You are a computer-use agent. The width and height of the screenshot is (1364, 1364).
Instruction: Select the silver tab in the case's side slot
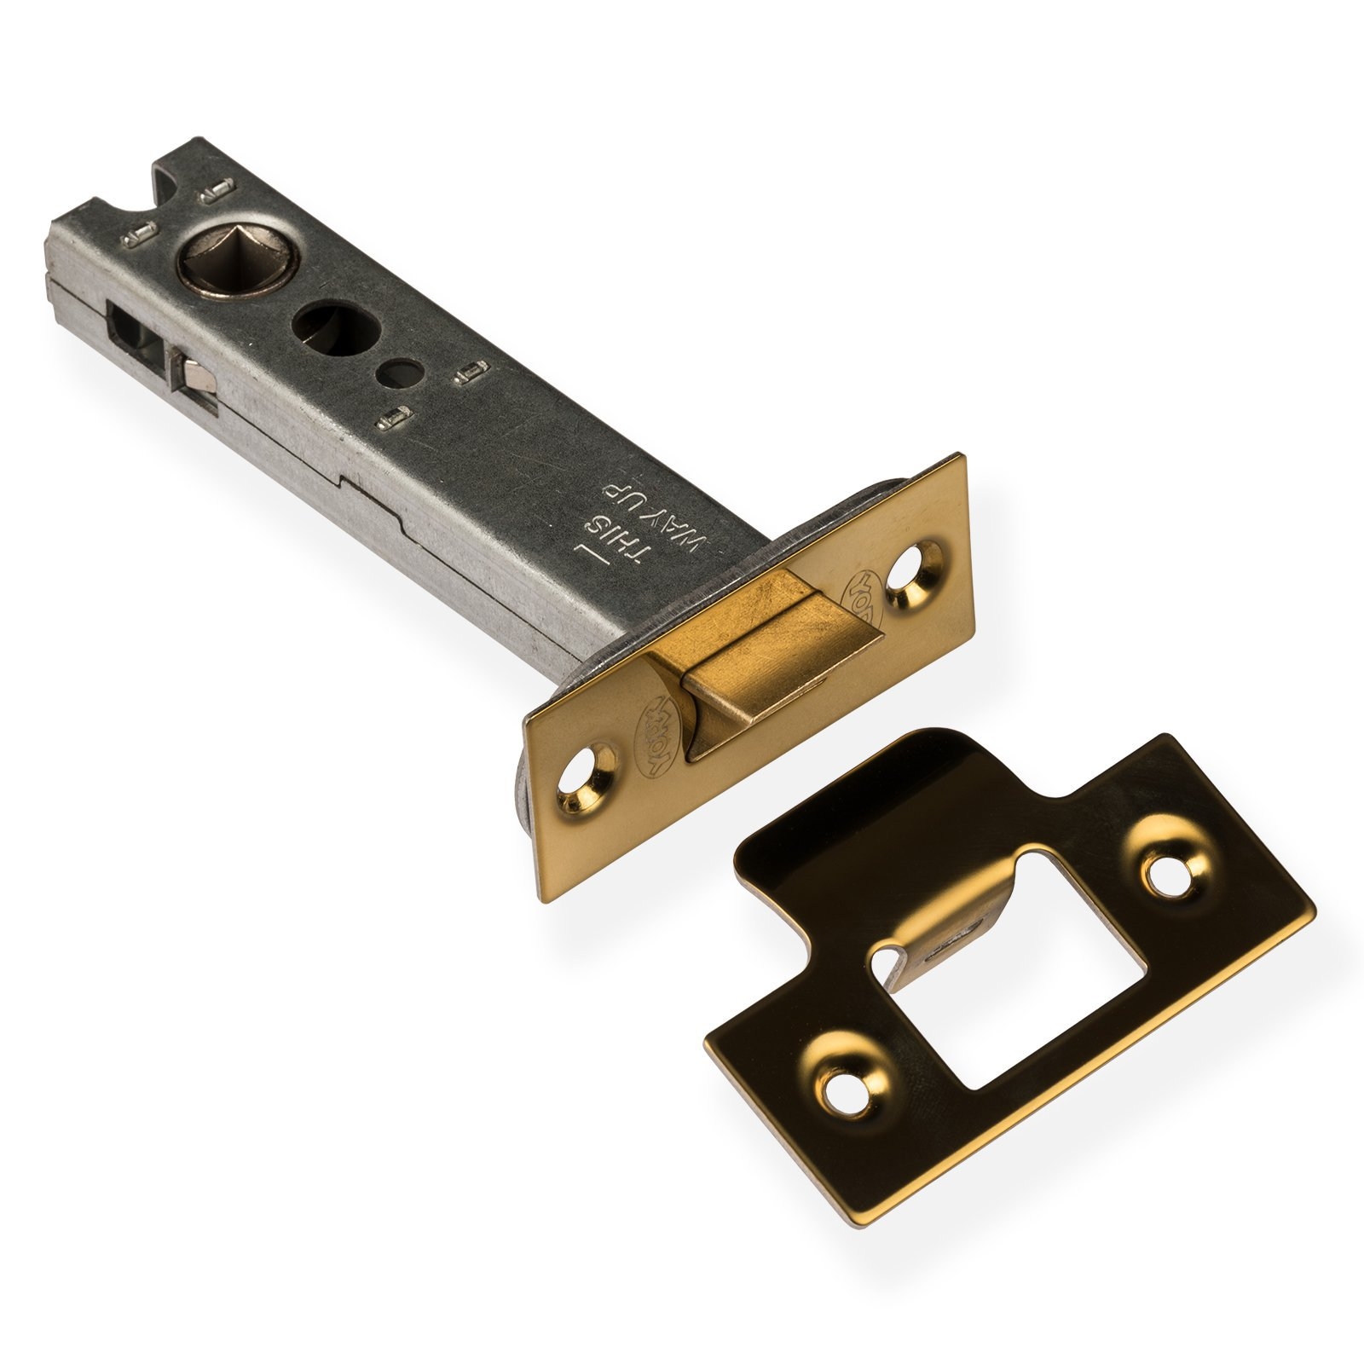tap(194, 378)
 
